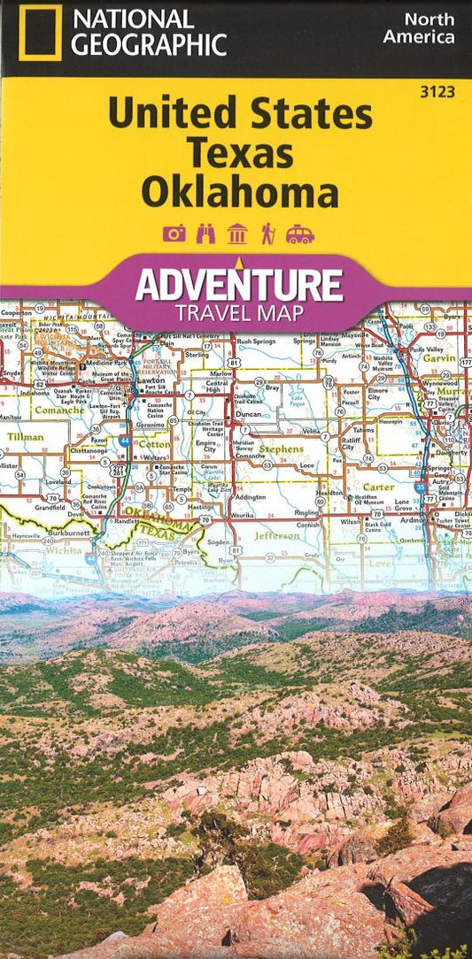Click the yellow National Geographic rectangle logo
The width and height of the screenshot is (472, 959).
point(40,33)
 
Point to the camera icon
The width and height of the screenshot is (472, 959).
point(174,234)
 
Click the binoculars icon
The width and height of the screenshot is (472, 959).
point(205,234)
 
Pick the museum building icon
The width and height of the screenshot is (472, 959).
point(236,234)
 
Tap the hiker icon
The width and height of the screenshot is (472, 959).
point(267,234)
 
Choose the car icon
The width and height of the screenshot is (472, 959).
point(299,234)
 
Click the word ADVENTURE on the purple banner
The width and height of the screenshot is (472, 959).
point(238,285)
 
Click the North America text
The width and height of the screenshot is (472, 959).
point(418,28)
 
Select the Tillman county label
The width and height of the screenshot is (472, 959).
point(25,436)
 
